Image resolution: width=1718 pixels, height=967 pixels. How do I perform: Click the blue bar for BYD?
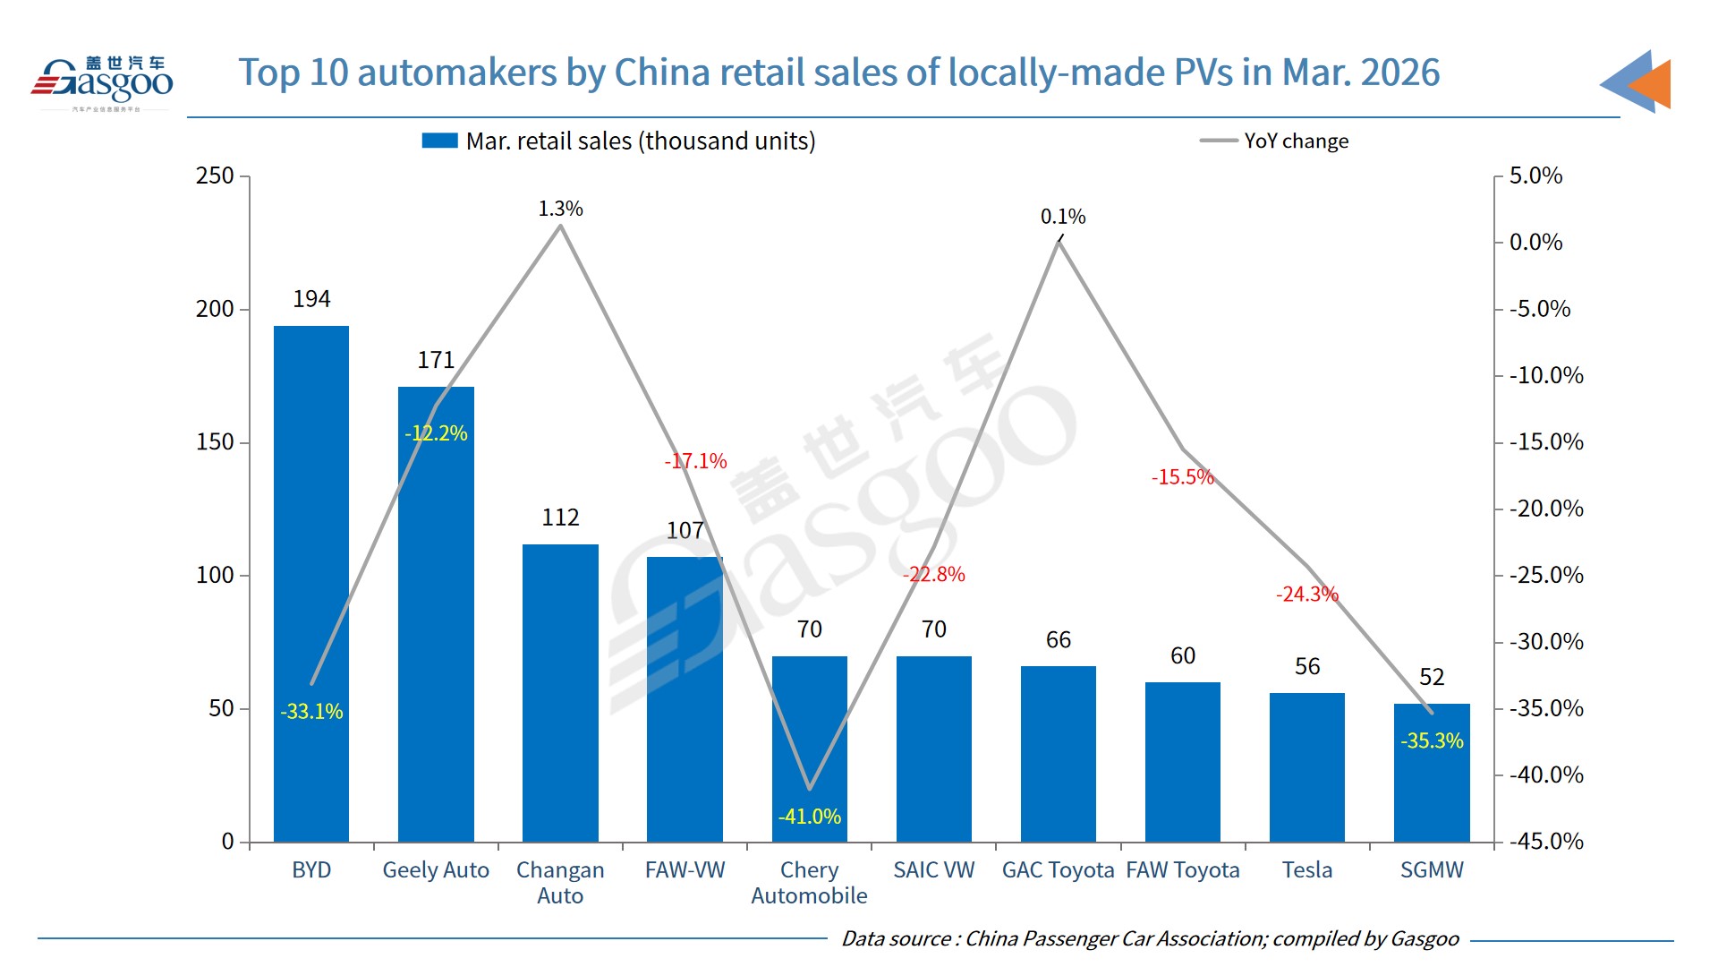(x=310, y=582)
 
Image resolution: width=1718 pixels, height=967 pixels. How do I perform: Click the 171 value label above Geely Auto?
(x=436, y=360)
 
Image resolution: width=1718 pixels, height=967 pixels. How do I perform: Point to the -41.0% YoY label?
(x=809, y=817)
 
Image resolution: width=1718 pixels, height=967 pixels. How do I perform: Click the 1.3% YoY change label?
(x=560, y=209)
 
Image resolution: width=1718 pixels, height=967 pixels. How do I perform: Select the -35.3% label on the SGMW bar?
(x=1432, y=740)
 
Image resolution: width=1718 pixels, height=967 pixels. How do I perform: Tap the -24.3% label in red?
(x=1306, y=594)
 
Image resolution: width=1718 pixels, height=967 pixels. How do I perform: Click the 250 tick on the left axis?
(x=215, y=175)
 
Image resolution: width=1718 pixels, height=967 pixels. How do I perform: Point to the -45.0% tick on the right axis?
(x=1546, y=841)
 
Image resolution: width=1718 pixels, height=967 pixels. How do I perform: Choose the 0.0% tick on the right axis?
(x=1535, y=242)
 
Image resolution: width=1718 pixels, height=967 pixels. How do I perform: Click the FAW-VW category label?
(x=685, y=869)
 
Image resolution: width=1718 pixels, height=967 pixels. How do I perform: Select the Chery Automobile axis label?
(x=809, y=882)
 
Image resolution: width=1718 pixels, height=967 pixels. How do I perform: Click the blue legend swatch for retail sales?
(x=439, y=141)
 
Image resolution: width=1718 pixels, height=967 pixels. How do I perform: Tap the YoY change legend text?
(x=1296, y=141)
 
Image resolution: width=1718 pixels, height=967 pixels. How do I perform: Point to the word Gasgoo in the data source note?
(x=1425, y=938)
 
